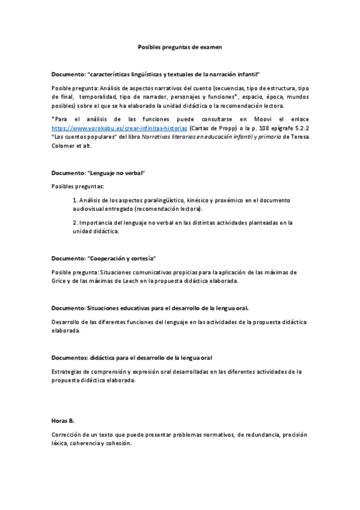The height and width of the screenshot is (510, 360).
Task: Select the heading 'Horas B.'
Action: pyautogui.click(x=63, y=420)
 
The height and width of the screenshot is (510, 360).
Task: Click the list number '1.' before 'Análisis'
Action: pyautogui.click(x=74, y=200)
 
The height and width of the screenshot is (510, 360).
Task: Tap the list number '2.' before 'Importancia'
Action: pyautogui.click(x=74, y=223)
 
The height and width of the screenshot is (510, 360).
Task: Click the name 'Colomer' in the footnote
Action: pyautogui.click(x=64, y=146)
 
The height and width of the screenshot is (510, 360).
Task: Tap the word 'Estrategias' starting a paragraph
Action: pyautogui.click(x=67, y=372)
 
